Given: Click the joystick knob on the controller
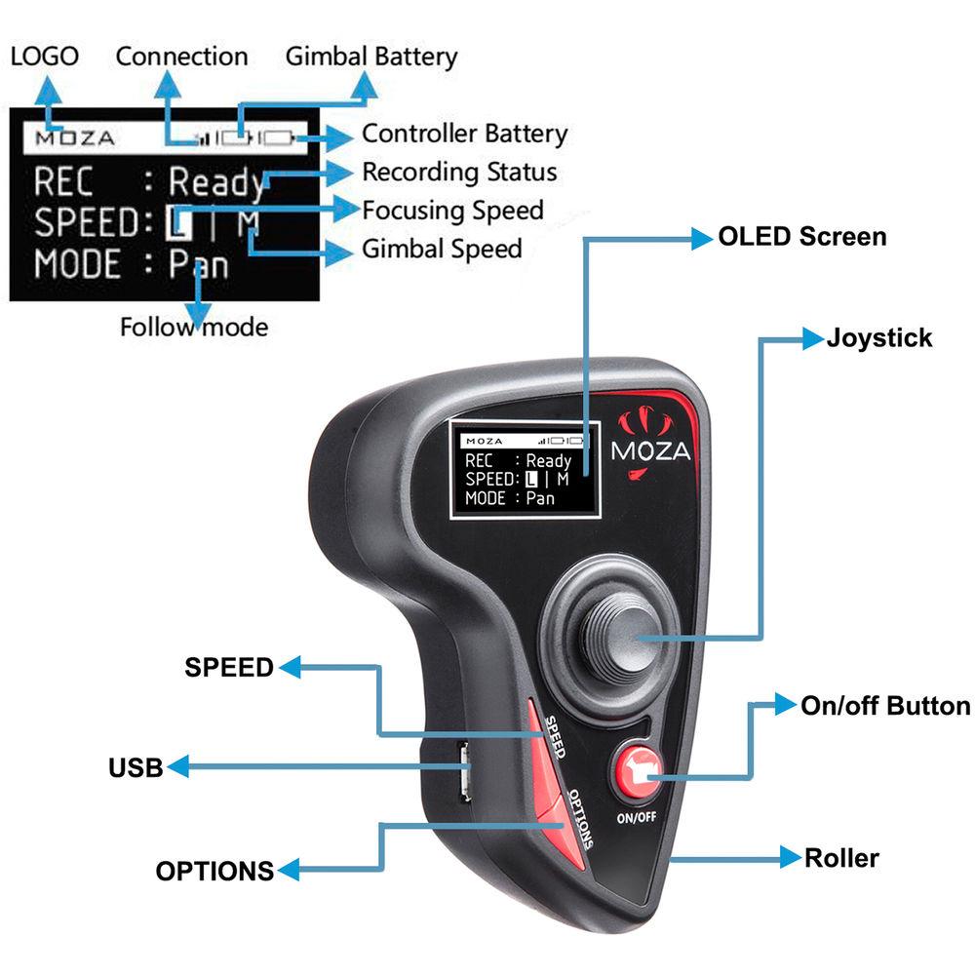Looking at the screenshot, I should tap(612, 639).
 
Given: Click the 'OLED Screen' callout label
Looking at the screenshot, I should tap(801, 236).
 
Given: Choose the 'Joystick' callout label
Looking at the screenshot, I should tap(879, 338).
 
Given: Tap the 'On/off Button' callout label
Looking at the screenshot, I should tap(885, 706).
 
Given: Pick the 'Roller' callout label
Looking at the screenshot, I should tap(841, 858).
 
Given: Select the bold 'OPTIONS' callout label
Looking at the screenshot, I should tap(214, 870).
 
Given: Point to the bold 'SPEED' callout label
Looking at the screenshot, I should tap(229, 667).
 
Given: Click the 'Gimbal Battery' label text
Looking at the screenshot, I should tap(371, 57).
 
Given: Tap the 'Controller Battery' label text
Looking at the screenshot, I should tap(464, 134).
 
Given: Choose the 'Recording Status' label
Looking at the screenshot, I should tap(459, 173).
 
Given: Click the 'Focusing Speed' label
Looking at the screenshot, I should tap(452, 210).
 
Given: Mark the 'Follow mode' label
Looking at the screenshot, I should tap(193, 327).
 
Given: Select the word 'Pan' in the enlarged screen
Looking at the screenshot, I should tap(199, 264).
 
